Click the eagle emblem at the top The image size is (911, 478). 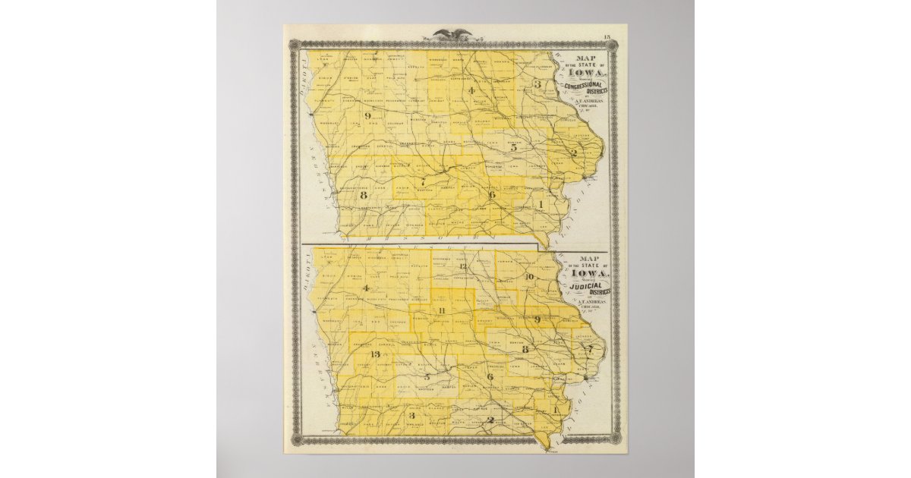(452, 33)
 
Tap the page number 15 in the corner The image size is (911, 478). (607, 37)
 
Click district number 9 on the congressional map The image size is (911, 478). (367, 116)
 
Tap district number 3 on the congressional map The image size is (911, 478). (537, 84)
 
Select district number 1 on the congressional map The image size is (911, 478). (541, 205)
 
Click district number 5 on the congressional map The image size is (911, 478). (513, 148)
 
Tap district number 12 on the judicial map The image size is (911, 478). (462, 266)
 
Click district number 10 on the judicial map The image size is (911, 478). (529, 277)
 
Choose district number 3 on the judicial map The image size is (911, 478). (411, 415)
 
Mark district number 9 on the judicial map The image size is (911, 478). (537, 319)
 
